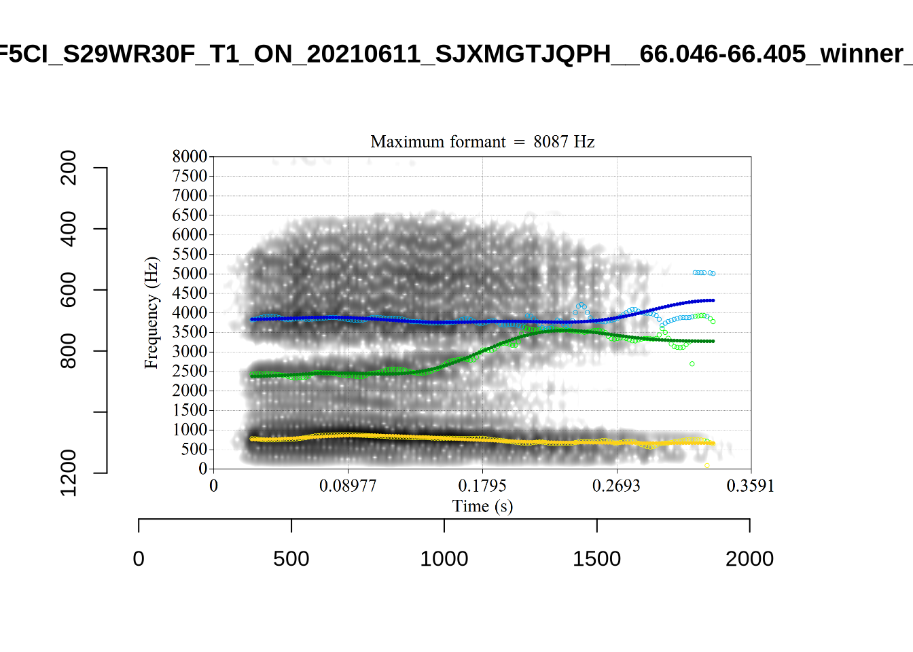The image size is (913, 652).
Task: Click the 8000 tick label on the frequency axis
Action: (x=190, y=157)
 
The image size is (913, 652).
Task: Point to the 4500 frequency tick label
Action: (x=190, y=293)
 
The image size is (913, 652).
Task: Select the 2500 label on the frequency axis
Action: (x=190, y=372)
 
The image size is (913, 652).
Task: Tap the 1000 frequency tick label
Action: (x=190, y=430)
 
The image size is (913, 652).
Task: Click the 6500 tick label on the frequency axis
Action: (x=190, y=215)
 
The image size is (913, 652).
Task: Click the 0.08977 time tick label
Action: (x=348, y=486)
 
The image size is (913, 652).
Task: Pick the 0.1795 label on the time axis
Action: (x=482, y=486)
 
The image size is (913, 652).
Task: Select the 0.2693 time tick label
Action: (x=616, y=486)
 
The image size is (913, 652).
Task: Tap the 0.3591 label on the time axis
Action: (x=751, y=486)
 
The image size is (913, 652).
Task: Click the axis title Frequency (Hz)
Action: (x=151, y=312)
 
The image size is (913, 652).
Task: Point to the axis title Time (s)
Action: (x=482, y=506)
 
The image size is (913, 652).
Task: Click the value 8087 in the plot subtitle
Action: (x=551, y=142)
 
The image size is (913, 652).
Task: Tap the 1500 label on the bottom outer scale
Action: (x=596, y=559)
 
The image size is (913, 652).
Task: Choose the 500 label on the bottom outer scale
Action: (x=291, y=559)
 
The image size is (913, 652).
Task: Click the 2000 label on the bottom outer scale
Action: (x=749, y=559)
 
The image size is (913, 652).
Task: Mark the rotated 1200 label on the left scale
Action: (x=69, y=472)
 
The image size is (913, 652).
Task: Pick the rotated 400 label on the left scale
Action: (x=69, y=229)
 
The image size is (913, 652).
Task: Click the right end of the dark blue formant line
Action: (x=713, y=300)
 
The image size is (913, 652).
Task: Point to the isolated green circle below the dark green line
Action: (x=692, y=364)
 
